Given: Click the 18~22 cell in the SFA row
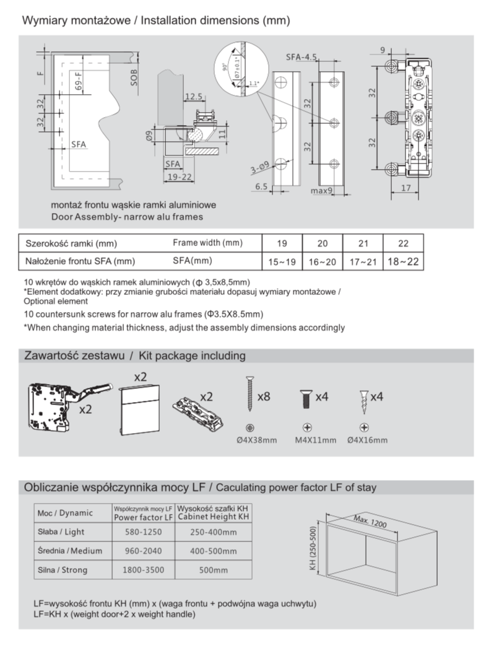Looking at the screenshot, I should pyautogui.click(x=402, y=262).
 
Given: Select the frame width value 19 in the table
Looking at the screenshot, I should pyautogui.click(x=282, y=243).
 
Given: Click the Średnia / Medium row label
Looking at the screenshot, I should pyautogui.click(x=70, y=551).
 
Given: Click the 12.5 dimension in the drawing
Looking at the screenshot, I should pyautogui.click(x=194, y=97).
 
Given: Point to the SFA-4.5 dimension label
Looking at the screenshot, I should pyautogui.click(x=301, y=57).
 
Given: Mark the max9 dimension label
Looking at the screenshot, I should pyautogui.click(x=322, y=191).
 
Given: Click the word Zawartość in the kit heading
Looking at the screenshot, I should pyautogui.click(x=50, y=356).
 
